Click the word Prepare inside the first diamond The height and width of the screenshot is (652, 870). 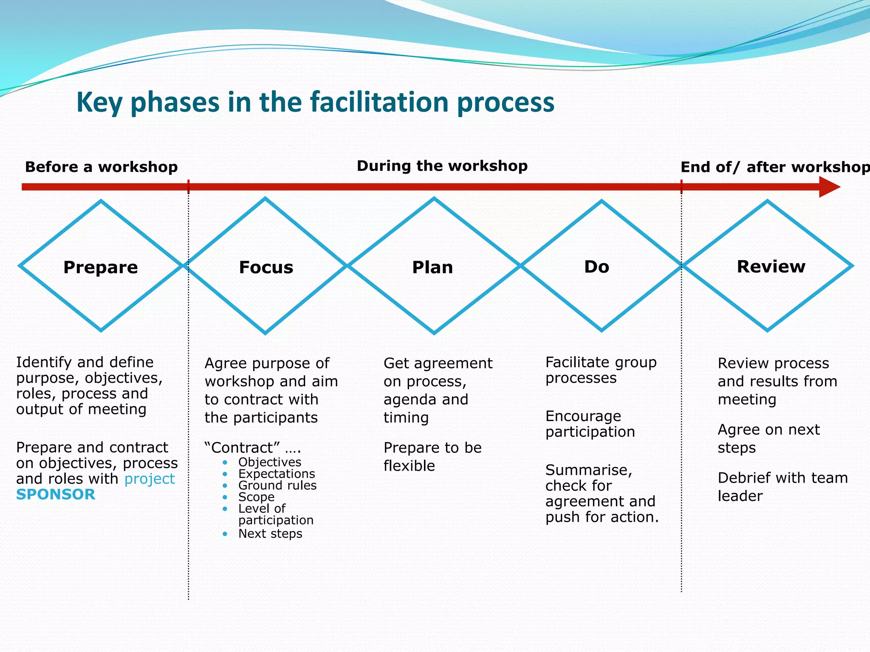tap(101, 267)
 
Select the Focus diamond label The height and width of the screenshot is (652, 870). tap(266, 267)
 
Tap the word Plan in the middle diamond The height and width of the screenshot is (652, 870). tap(432, 267)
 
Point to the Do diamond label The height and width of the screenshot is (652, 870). tap(596, 267)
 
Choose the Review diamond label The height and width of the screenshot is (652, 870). tap(771, 267)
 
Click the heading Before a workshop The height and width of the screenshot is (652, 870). tap(101, 167)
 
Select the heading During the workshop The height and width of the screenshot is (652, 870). tap(442, 166)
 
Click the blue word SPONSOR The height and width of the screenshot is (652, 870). tap(56, 495)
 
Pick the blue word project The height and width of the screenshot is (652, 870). tap(150, 479)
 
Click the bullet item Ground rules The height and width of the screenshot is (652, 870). tap(277, 485)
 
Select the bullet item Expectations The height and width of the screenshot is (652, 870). tap(277, 474)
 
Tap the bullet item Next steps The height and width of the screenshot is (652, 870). tap(270, 534)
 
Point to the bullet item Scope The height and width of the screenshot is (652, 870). tap(256, 497)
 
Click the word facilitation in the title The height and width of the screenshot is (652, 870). tap(379, 102)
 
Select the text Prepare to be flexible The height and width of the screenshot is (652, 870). tap(432, 457)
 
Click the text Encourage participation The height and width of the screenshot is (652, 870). tap(590, 424)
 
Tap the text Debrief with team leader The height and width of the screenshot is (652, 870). tap(782, 486)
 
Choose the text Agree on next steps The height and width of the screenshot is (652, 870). tap(768, 438)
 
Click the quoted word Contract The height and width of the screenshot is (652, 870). tap(242, 447)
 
